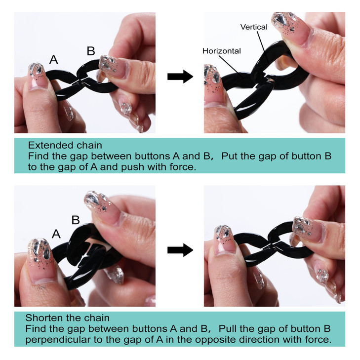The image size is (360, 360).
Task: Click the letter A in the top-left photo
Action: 53,59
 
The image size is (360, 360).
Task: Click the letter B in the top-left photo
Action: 91,51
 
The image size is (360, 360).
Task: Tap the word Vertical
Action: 254,27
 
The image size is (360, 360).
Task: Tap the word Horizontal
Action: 222,51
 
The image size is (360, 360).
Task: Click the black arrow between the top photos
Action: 180,77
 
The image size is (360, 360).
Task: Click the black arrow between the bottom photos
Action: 180,250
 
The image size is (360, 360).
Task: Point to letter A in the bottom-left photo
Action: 56,234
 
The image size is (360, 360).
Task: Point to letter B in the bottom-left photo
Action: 76,220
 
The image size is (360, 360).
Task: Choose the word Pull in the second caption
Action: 228,328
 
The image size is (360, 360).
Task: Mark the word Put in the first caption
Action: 230,156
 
